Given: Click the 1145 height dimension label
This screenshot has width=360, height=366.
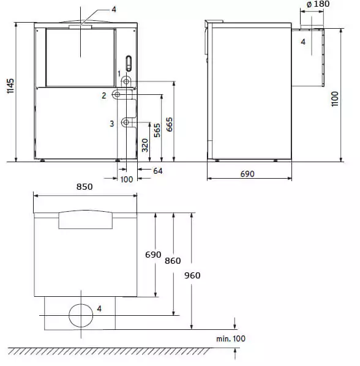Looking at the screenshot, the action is tap(10, 86).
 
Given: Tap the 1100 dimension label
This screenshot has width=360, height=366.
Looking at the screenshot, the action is tap(335, 99).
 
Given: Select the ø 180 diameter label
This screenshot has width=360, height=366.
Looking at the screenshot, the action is tap(318, 4).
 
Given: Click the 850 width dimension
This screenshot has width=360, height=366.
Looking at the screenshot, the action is tap(84, 187).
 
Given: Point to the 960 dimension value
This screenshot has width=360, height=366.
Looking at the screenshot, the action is tap(192, 275).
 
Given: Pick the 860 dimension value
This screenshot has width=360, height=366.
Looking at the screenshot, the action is tap(173, 261).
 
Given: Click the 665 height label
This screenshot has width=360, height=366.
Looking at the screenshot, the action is tap(170, 124).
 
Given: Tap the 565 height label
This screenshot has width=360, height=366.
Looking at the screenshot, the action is tap(157, 130).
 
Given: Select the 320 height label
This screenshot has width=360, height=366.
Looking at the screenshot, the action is tap(145, 145).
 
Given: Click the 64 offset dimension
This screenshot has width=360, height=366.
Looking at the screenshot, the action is tap(158, 171).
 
